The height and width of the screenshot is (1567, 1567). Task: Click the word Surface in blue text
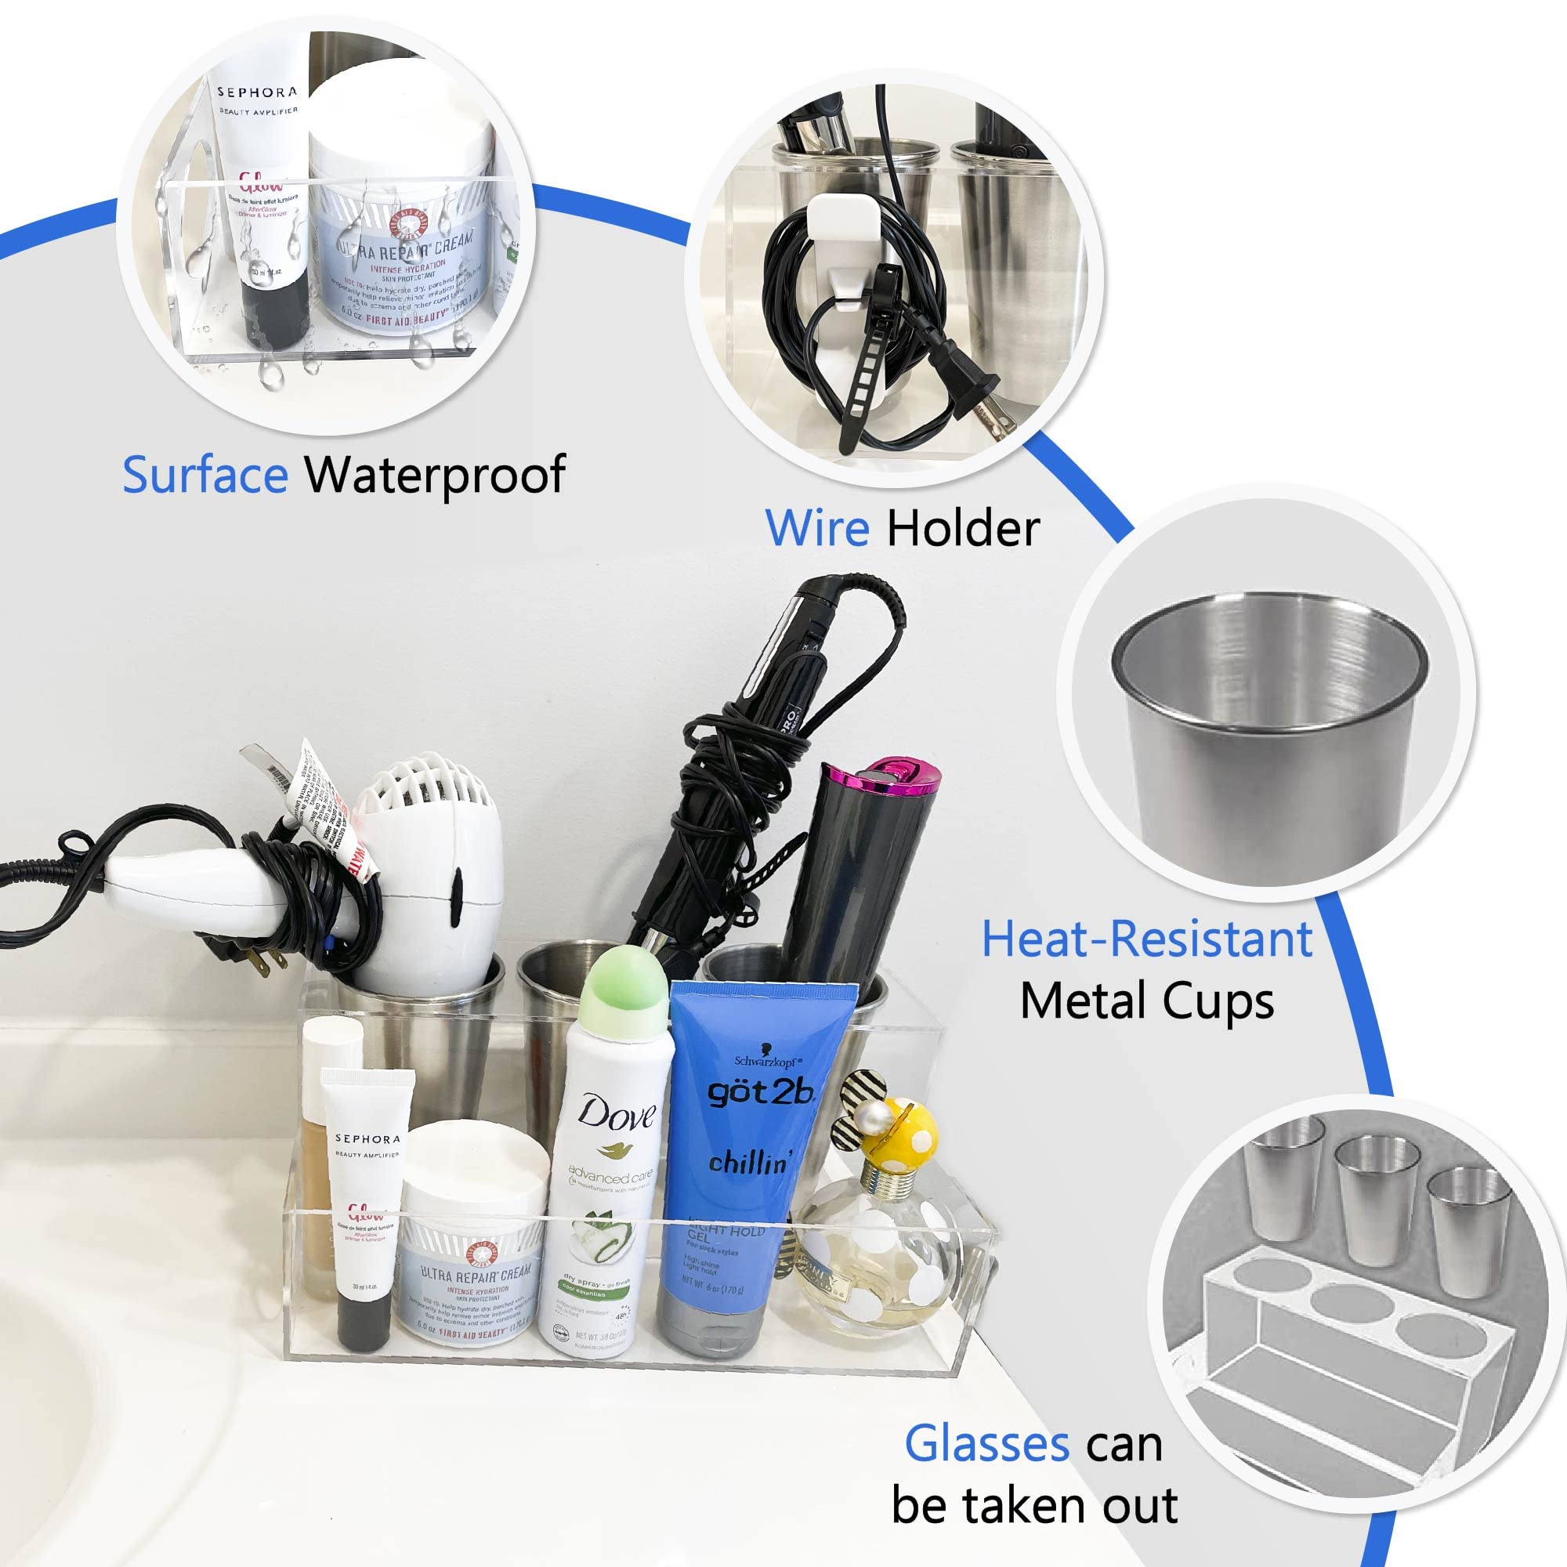tap(204, 475)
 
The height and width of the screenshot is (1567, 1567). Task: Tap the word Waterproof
tap(435, 475)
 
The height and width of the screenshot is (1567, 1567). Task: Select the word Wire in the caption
tap(816, 529)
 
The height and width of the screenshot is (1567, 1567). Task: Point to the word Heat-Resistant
tap(1147, 939)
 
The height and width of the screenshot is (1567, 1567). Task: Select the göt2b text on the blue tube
tap(759, 1092)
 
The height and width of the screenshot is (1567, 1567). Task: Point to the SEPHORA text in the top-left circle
tap(257, 92)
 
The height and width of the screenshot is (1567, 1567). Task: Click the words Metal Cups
tap(1147, 1001)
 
